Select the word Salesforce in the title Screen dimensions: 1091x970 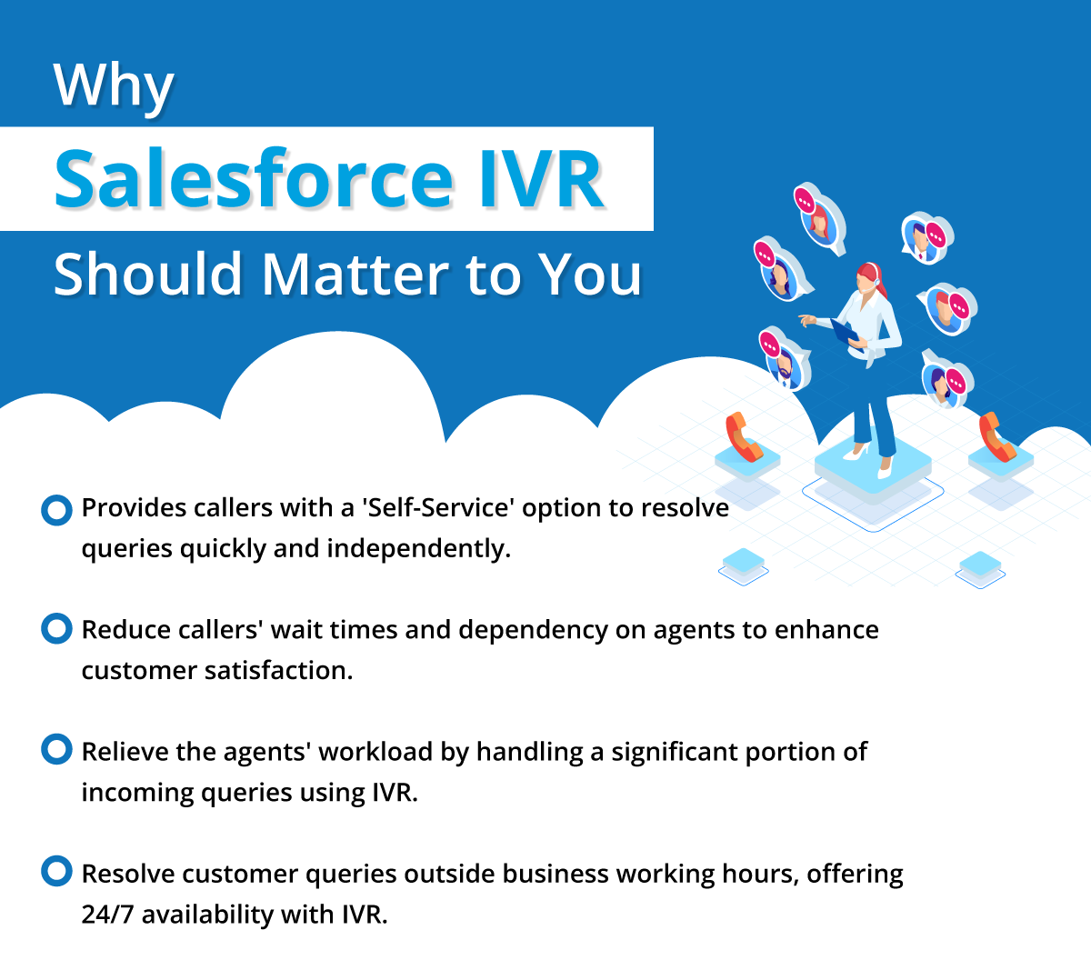254,178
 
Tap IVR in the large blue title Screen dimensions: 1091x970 541,178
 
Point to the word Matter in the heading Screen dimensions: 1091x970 356,274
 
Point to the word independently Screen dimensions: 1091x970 418,549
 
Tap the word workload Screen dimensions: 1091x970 375,751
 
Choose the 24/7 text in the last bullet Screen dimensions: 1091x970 107,915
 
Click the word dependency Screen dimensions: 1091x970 533,631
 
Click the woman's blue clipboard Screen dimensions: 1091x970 845,331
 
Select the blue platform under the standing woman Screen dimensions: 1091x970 873,467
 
